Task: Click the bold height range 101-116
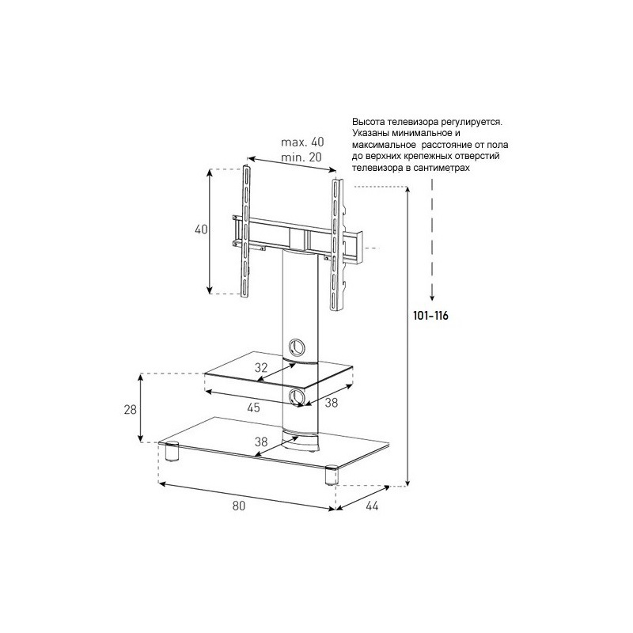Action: (430, 315)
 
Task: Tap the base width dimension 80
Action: (239, 506)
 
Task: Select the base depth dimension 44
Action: (372, 506)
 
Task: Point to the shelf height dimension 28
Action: (131, 409)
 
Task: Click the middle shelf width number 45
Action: (253, 407)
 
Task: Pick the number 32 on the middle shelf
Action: (261, 368)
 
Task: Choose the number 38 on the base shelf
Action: (261, 442)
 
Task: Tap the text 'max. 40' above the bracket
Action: (302, 142)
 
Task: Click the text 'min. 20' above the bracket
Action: (301, 157)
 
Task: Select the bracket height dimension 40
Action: (201, 229)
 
